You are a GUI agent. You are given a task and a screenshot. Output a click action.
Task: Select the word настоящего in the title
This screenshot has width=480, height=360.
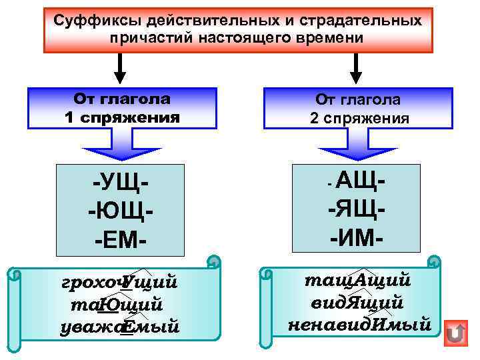point(254,37)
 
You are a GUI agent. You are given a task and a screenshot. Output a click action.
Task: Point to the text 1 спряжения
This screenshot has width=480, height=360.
point(122,118)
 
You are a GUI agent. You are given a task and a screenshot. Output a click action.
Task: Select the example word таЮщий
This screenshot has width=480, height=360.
point(115,305)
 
